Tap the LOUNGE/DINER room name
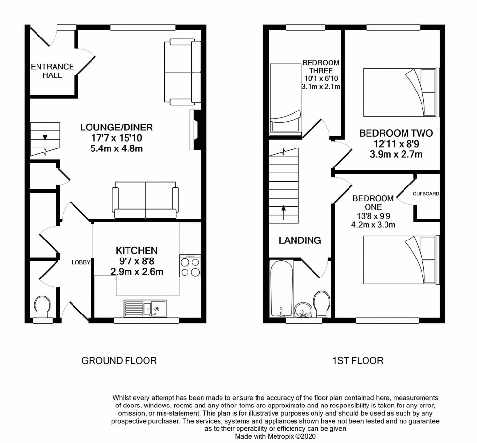point(117,128)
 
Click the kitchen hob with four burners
point(190,266)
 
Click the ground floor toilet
point(42,308)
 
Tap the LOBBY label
point(80,262)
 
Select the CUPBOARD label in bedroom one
point(426,194)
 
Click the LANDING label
point(300,240)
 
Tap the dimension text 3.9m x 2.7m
point(395,155)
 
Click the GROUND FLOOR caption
point(119,361)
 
